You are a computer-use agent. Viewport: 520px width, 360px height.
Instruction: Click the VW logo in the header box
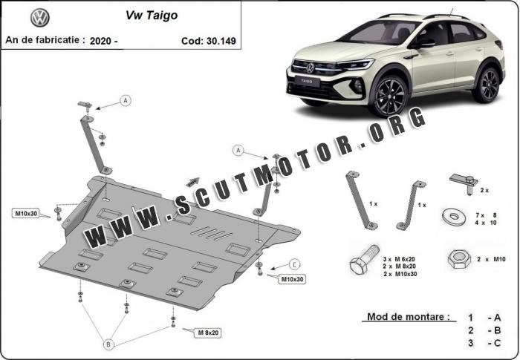tap(40, 18)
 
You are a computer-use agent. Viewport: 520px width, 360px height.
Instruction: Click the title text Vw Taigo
tap(152, 16)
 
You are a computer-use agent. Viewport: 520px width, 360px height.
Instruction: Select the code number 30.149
tap(221, 41)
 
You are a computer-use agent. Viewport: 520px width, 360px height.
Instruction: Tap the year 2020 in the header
tap(100, 41)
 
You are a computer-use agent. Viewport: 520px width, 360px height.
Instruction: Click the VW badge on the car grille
tap(310, 68)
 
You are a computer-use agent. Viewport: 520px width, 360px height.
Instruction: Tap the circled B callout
tap(108, 344)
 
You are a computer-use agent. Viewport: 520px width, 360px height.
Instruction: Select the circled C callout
tap(294, 265)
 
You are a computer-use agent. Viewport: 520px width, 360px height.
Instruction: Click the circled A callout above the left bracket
tap(126, 100)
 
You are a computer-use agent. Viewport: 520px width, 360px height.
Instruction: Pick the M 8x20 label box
tap(208, 333)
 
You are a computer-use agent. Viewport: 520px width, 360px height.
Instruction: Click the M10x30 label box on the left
tap(26, 214)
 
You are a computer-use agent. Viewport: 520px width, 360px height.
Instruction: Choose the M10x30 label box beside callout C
tap(292, 279)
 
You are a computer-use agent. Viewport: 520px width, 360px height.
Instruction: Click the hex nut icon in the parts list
tap(459, 259)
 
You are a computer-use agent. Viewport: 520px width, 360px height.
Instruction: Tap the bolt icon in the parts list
tap(364, 260)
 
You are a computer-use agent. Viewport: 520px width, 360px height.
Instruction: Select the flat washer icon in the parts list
tap(454, 217)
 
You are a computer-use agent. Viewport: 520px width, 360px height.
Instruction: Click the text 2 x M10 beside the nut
tap(491, 259)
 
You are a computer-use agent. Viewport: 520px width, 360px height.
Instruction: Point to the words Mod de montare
tap(409, 316)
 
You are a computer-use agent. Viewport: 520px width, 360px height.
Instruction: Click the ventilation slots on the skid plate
tap(212, 233)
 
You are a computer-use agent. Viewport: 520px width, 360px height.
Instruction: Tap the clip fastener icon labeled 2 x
tap(464, 183)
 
